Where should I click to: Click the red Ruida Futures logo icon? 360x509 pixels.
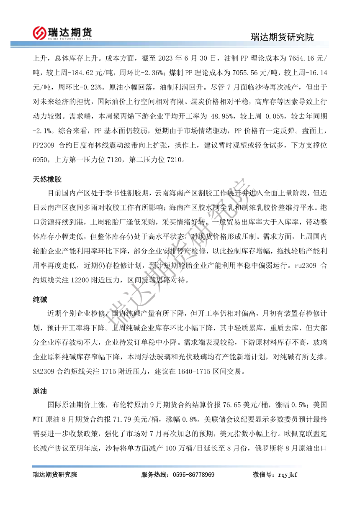click(39, 32)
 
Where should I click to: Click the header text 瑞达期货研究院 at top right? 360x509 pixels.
click(282, 37)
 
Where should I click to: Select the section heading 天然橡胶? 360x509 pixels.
click(47, 179)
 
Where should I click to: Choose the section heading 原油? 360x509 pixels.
click(40, 391)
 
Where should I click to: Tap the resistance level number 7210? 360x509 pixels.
click(175, 159)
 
